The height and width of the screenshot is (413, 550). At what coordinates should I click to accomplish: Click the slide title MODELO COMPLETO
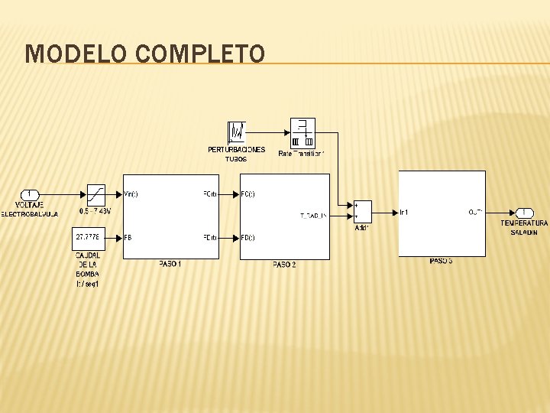tap(145, 54)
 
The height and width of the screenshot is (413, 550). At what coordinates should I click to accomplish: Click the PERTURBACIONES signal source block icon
tap(237, 132)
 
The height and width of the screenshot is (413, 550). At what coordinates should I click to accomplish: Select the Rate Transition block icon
tap(302, 132)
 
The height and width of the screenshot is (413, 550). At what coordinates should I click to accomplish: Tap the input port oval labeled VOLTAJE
tap(30, 194)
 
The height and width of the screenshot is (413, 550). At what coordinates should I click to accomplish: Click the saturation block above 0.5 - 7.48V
tap(95, 194)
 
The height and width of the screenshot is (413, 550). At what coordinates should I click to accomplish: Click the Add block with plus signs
tap(362, 212)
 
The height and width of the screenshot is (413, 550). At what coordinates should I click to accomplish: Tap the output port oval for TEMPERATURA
tap(524, 212)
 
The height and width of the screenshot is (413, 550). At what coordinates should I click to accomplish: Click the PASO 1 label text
tap(170, 264)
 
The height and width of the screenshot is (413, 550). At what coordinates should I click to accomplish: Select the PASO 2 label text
tap(284, 265)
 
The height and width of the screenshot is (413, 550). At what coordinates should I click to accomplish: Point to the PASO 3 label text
tap(441, 262)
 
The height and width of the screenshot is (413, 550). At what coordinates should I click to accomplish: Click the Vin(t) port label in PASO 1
tap(131, 194)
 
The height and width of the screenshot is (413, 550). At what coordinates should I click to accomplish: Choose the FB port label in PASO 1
tap(128, 238)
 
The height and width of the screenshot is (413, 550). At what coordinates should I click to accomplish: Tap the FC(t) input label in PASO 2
tap(247, 194)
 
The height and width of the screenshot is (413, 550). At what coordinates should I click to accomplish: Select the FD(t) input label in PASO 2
tap(247, 238)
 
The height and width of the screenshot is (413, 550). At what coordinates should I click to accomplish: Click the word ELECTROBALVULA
tap(29, 214)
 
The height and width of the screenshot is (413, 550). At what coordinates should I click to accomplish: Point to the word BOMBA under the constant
tap(87, 274)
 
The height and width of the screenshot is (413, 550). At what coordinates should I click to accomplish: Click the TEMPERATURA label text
tap(524, 223)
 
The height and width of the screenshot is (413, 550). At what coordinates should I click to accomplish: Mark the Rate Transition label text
tap(302, 154)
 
